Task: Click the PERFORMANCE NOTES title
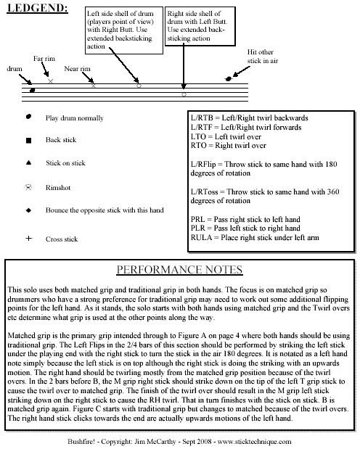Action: pos(180,270)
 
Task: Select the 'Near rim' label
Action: pos(76,69)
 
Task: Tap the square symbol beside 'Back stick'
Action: pos(28,140)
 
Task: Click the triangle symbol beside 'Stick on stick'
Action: pos(28,163)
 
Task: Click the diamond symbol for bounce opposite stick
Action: pos(28,210)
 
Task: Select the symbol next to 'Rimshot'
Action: pos(28,186)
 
